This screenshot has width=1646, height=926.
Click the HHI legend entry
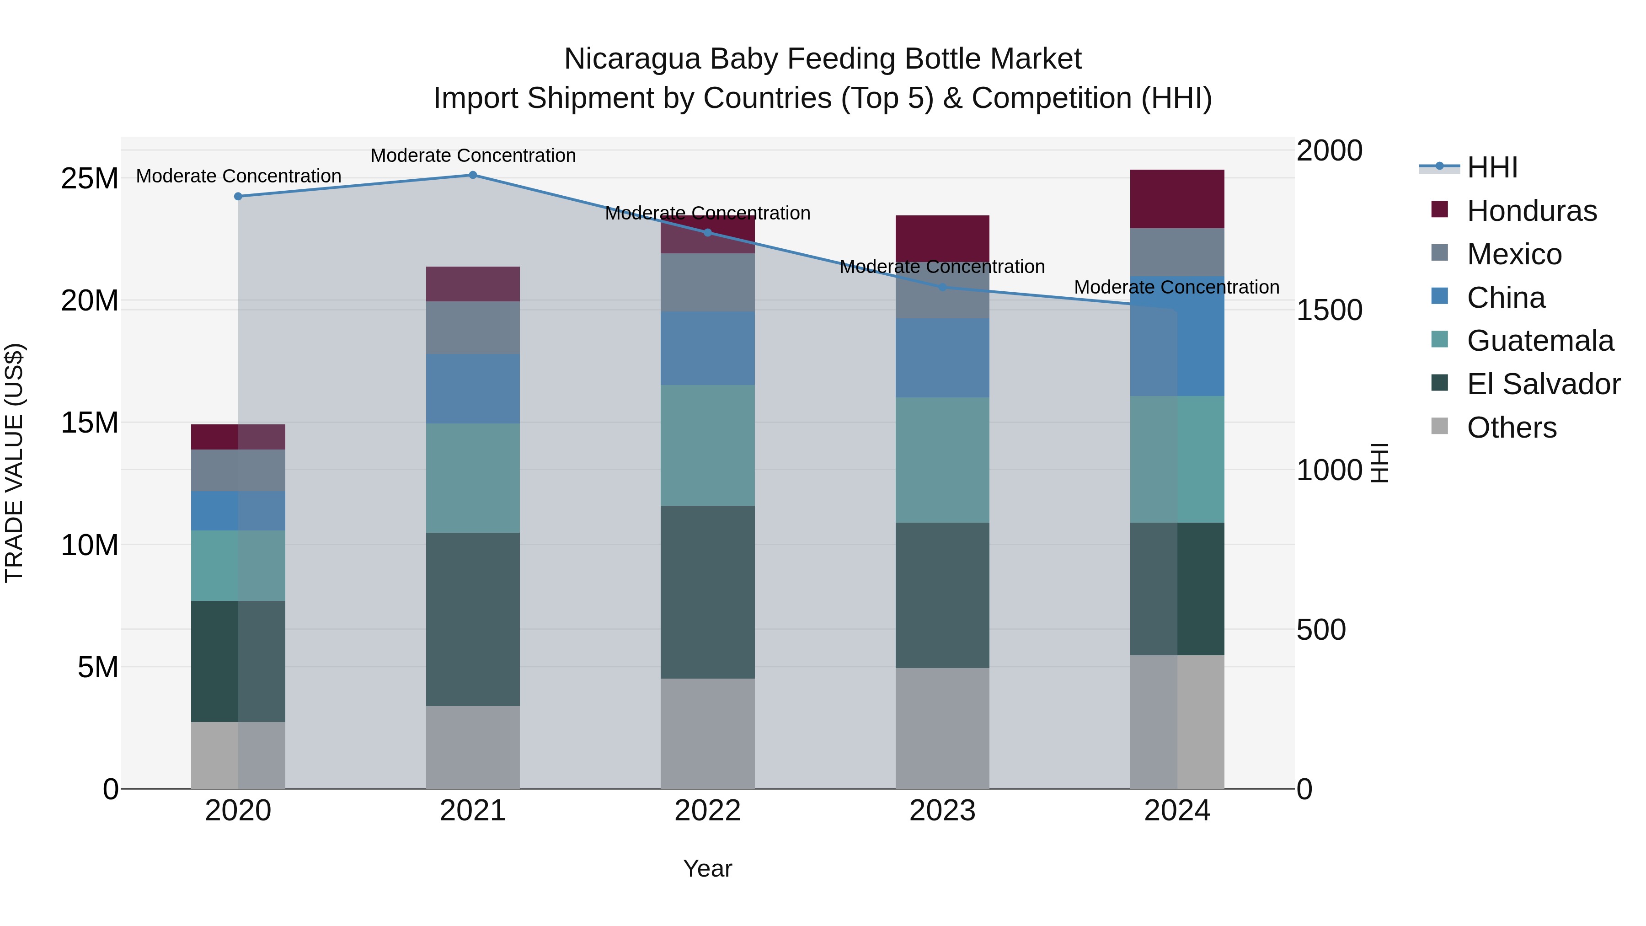1491,167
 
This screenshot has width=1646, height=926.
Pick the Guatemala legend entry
1539,341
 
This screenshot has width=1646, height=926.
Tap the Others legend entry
1511,428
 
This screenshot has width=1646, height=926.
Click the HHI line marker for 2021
473,175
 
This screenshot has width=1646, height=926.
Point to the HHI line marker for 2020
238,196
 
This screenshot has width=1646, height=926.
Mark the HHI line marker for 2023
942,288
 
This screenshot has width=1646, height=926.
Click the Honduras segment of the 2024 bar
1177,199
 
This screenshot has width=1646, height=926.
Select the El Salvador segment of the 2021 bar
473,619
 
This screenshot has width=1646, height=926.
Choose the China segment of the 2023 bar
942,358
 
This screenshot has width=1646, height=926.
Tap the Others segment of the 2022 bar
707,733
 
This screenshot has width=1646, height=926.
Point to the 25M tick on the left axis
90,178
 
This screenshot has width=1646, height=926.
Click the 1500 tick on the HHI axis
1330,310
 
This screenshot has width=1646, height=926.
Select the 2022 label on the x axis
707,811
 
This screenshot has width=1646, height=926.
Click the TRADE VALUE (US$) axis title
14,463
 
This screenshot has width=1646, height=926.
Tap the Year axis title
707,868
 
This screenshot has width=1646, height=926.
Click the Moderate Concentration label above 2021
473,155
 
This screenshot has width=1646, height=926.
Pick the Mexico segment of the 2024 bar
1177,252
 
